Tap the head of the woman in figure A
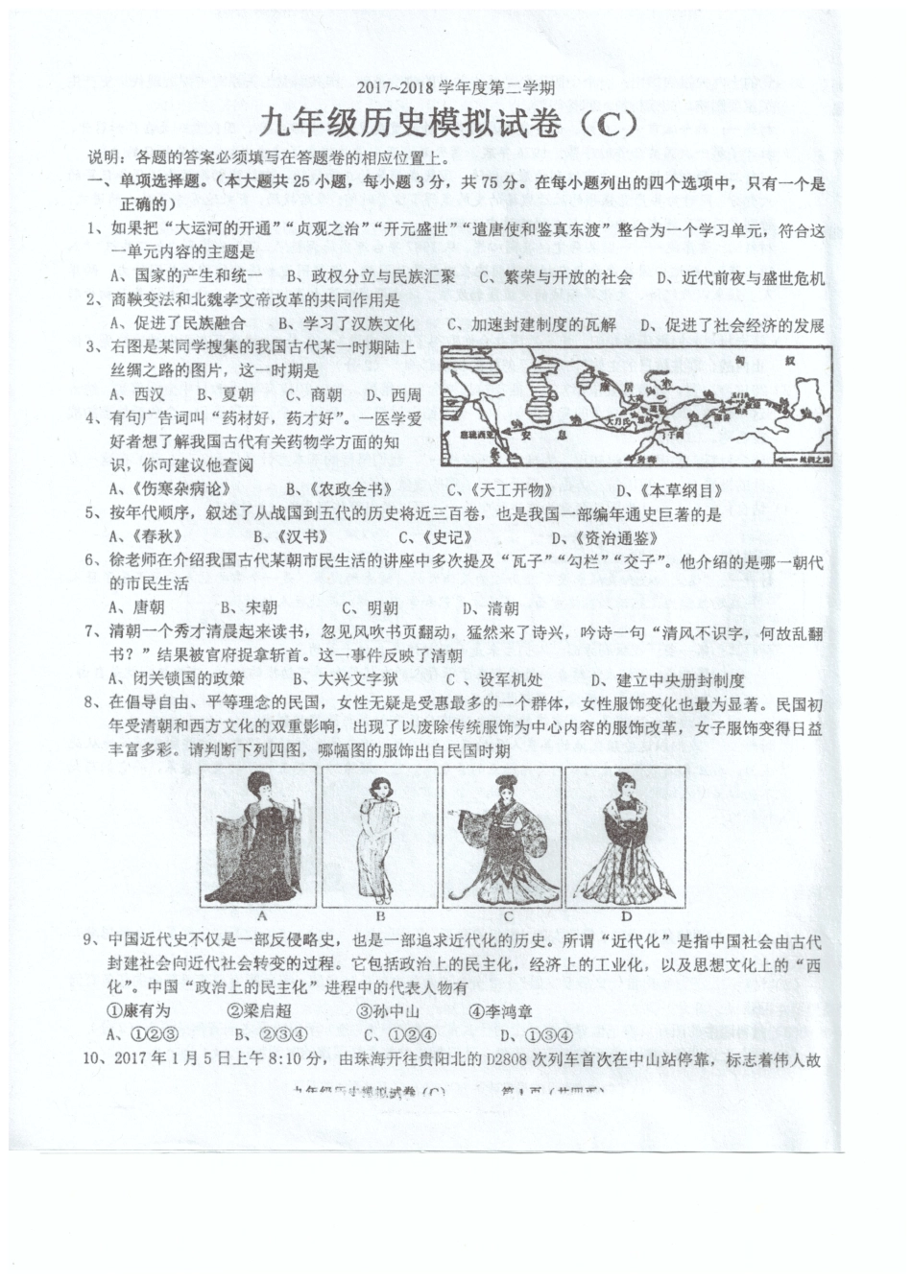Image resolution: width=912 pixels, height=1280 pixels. (x=257, y=786)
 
